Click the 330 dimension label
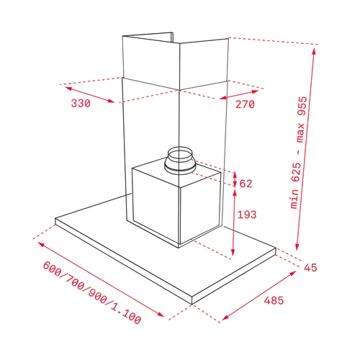(81, 104)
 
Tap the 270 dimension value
(245, 104)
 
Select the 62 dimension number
(246, 184)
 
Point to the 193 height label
(247, 215)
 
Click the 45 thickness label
(310, 267)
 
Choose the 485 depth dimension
(274, 300)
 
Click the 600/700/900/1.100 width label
(92, 293)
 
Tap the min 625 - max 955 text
(299, 153)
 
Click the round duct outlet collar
(180, 160)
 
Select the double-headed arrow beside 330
(89, 95)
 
